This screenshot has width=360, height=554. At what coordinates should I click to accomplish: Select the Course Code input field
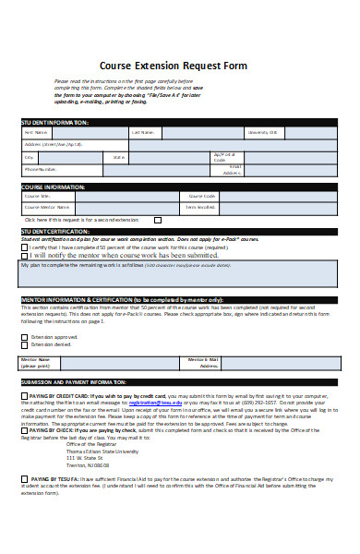[276, 197]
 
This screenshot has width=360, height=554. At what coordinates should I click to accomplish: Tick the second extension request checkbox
[157, 221]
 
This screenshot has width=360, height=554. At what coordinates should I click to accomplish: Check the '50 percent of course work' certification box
[25, 247]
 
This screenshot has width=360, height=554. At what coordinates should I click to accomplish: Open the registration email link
[153, 403]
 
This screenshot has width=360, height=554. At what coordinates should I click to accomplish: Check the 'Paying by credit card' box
[23, 395]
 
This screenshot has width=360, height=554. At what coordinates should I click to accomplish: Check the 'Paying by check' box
[23, 430]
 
